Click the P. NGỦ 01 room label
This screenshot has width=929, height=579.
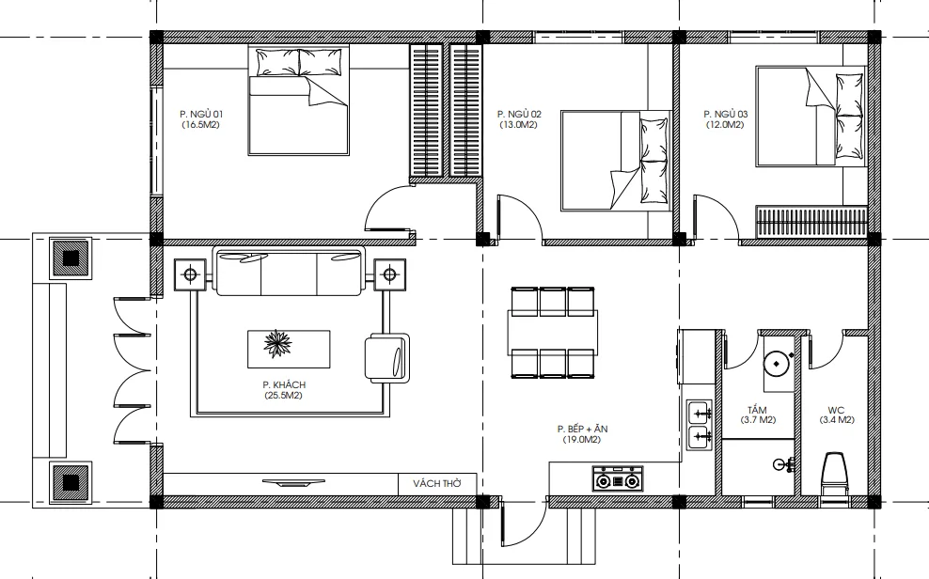201,114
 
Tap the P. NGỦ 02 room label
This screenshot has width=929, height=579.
519,114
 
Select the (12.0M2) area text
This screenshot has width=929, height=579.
725,125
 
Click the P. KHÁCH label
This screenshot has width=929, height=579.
284,384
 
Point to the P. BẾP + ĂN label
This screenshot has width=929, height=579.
582,429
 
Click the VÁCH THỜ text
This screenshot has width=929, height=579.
437,484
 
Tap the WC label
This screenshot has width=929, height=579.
836,410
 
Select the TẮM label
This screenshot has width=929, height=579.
757,410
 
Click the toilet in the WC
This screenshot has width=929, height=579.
834,474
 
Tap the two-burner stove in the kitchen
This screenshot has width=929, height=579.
618,478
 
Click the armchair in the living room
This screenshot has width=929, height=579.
387,358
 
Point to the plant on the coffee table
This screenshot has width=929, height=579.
278,344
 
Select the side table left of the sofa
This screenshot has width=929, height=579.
190,274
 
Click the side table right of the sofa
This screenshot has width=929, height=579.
390,274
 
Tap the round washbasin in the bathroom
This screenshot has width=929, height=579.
775,364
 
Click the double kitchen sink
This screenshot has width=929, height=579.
700,426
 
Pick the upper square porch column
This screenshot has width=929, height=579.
71,258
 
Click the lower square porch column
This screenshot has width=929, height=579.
71,482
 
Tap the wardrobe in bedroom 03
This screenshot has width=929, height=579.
811,223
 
